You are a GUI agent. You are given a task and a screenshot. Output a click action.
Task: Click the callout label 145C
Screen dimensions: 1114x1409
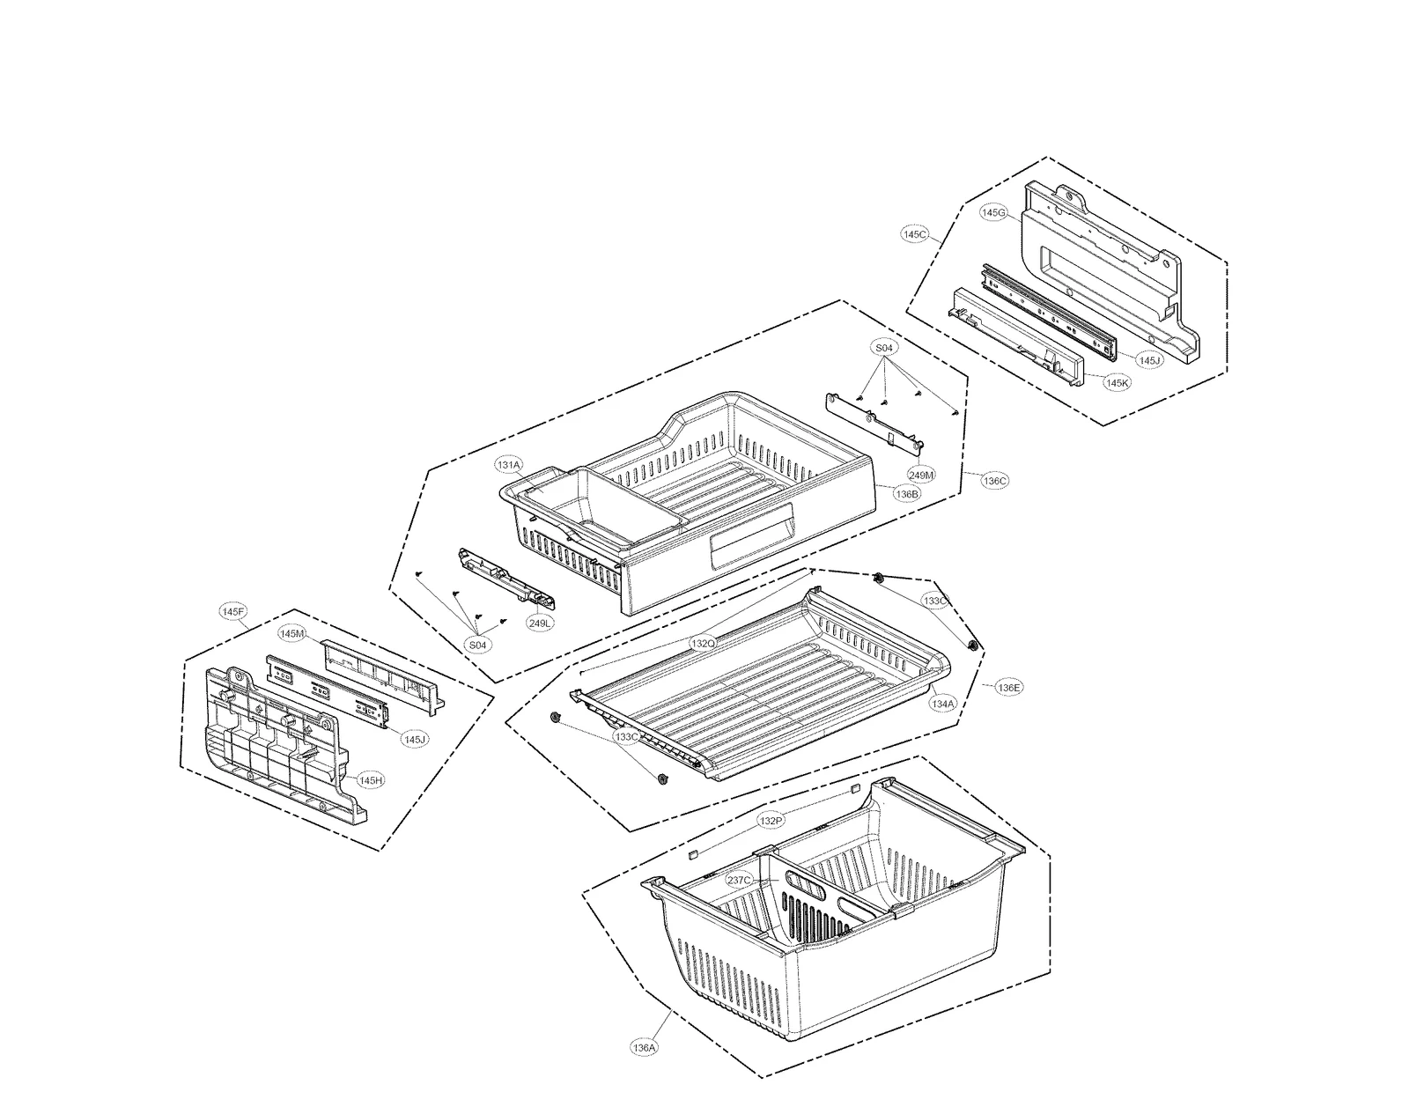click(915, 234)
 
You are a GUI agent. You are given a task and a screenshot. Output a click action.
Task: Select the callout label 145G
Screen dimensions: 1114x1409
click(993, 212)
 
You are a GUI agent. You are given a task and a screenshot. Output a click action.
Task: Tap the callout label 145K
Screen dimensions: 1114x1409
click(1117, 383)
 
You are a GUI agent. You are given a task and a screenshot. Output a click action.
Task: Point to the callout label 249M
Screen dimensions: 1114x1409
click(921, 475)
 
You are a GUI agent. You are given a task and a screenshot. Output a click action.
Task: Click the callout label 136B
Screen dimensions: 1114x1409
click(907, 494)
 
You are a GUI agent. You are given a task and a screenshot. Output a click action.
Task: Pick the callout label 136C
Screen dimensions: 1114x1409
click(995, 481)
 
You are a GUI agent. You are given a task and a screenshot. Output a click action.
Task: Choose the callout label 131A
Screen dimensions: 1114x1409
click(508, 464)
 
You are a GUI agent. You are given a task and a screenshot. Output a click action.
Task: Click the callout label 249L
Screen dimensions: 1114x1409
click(540, 623)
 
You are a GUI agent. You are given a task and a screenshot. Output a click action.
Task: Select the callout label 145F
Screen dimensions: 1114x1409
click(233, 611)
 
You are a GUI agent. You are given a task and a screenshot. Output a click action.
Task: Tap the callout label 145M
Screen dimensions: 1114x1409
click(291, 633)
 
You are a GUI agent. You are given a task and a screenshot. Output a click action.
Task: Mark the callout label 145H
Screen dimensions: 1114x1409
click(370, 780)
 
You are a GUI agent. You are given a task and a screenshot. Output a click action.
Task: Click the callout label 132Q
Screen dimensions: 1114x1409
click(703, 644)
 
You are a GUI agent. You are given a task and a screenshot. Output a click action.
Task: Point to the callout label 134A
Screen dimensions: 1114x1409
click(942, 704)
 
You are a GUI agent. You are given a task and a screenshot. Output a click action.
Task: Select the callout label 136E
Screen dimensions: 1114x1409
click(1009, 687)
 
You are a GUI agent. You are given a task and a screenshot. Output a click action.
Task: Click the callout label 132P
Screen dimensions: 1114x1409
click(770, 821)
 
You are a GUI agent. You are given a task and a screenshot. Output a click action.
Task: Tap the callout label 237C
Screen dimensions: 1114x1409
click(739, 880)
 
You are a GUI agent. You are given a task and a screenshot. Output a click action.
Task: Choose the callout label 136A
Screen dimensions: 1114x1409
click(644, 1048)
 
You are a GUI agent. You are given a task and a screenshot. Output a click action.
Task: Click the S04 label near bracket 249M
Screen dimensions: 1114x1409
click(884, 348)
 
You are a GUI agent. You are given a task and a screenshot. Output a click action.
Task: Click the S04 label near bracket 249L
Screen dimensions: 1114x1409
click(476, 646)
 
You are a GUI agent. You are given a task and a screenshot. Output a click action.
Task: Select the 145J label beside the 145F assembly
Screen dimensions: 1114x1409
click(415, 739)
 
